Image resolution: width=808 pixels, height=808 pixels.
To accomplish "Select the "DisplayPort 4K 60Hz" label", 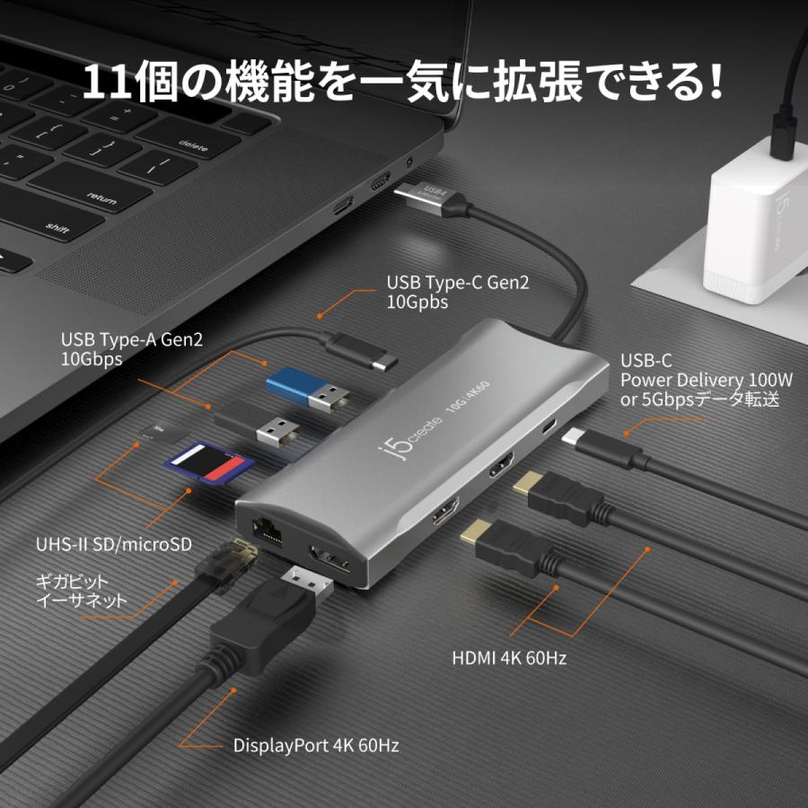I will pyautogui.click(x=316, y=744).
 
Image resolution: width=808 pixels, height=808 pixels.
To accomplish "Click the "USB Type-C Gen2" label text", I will pyautogui.click(x=458, y=283).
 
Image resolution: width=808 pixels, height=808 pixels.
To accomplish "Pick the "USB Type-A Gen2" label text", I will pyautogui.click(x=132, y=339).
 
